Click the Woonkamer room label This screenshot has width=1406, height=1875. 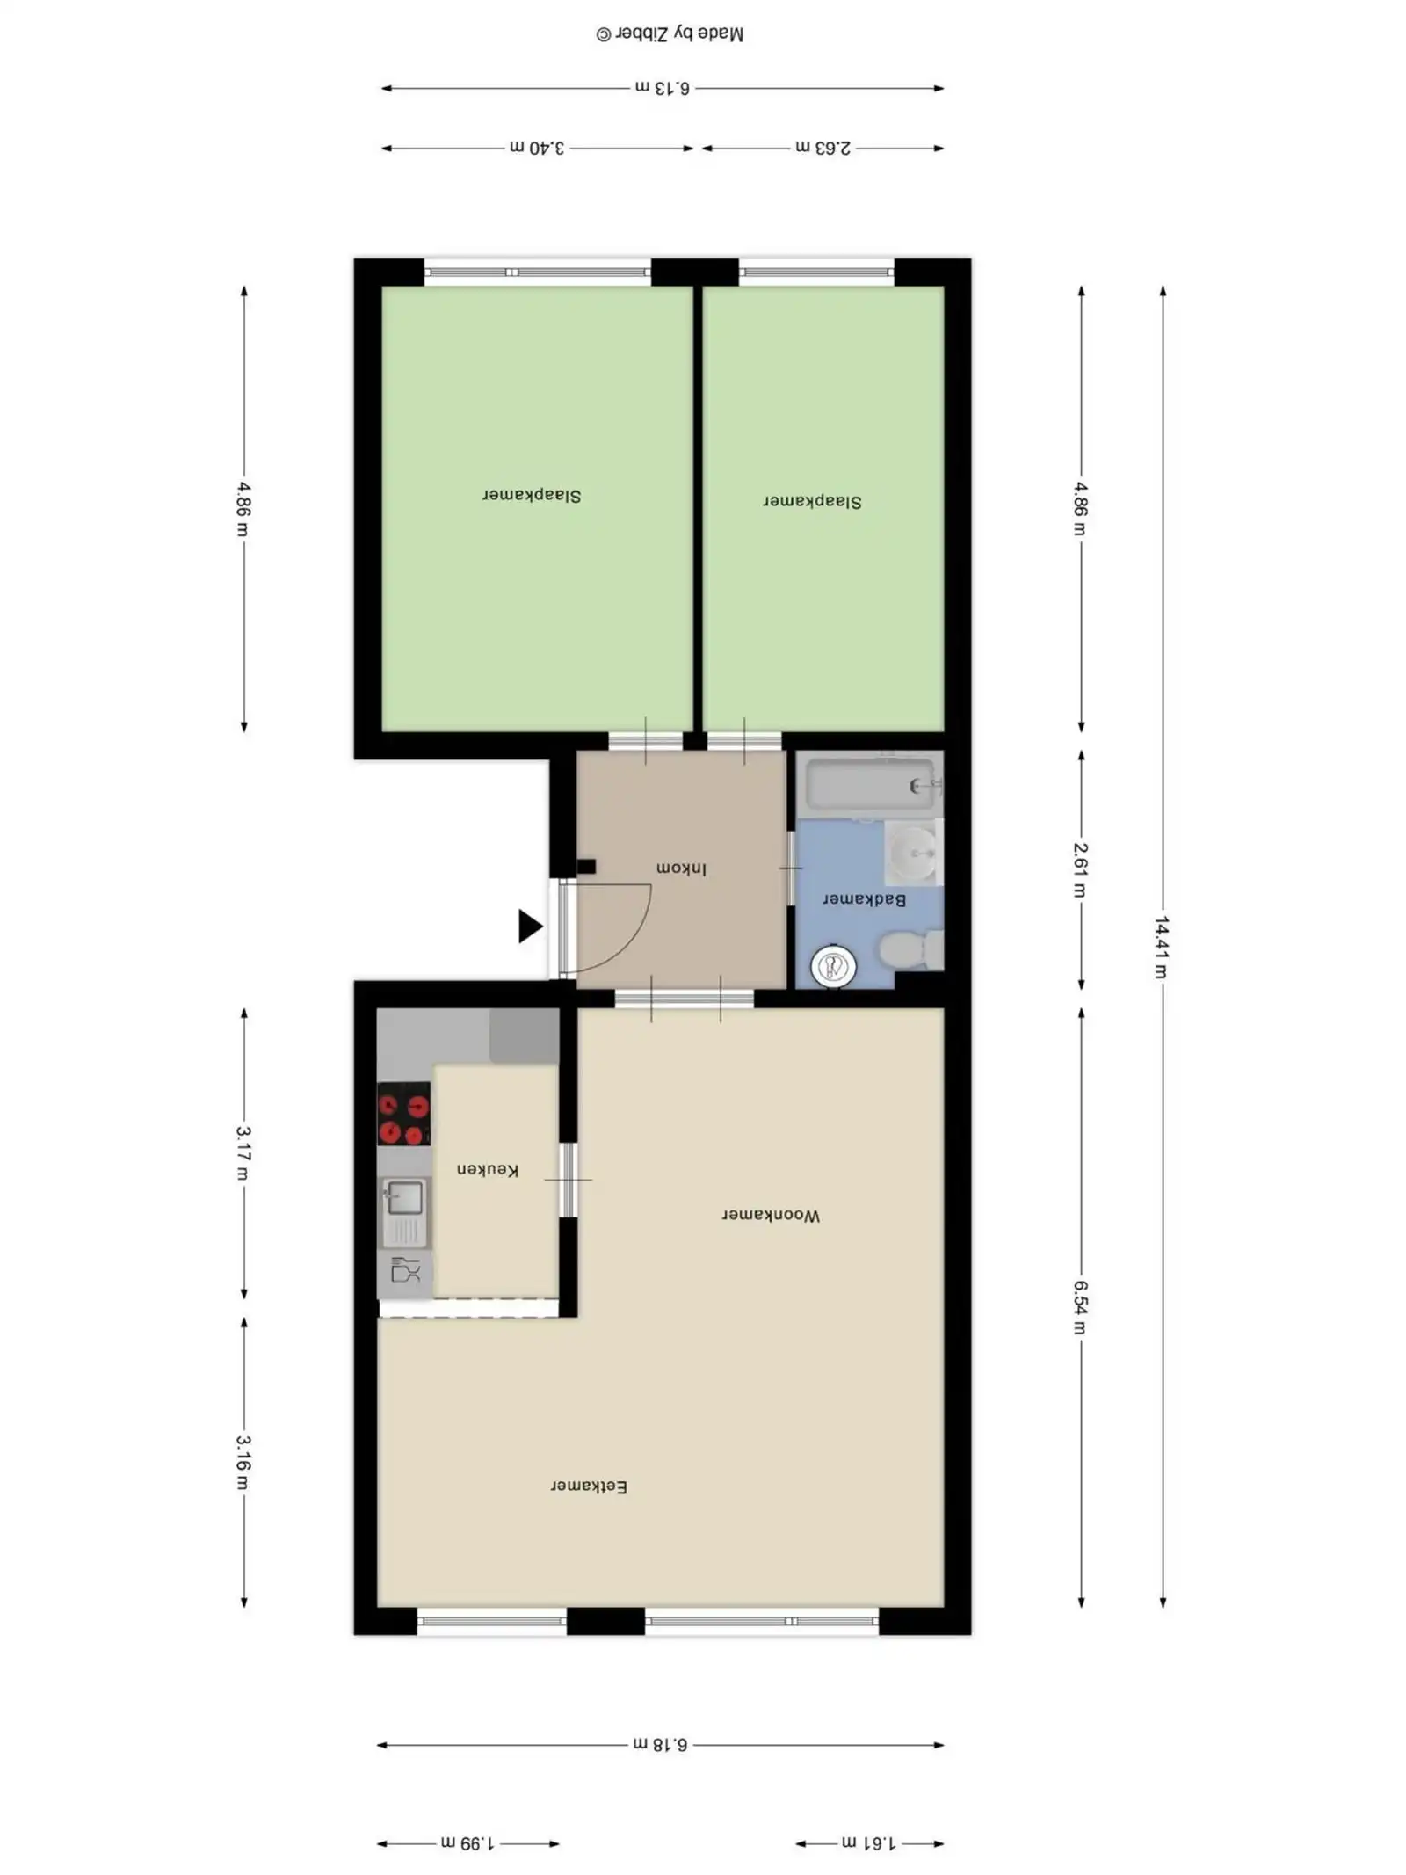coord(770,1215)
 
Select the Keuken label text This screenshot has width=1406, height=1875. coord(487,1169)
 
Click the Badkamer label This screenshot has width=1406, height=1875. coord(863,899)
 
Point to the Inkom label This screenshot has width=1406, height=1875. coord(680,868)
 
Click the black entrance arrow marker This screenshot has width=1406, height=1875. coord(529,926)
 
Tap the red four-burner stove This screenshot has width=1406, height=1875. coord(403,1113)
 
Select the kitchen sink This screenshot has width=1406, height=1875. coord(403,1210)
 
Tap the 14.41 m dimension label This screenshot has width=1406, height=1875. coord(1162,947)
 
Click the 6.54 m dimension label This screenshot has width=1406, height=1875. coord(1080,1306)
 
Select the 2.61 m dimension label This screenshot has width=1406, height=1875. coord(1080,869)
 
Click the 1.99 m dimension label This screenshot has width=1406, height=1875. coord(467,1842)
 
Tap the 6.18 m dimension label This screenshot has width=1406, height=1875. coord(660,1744)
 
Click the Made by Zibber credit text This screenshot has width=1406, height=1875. coord(670,33)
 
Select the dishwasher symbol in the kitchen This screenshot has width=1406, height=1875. coord(405,1270)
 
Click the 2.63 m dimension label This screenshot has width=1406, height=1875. coord(823,148)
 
